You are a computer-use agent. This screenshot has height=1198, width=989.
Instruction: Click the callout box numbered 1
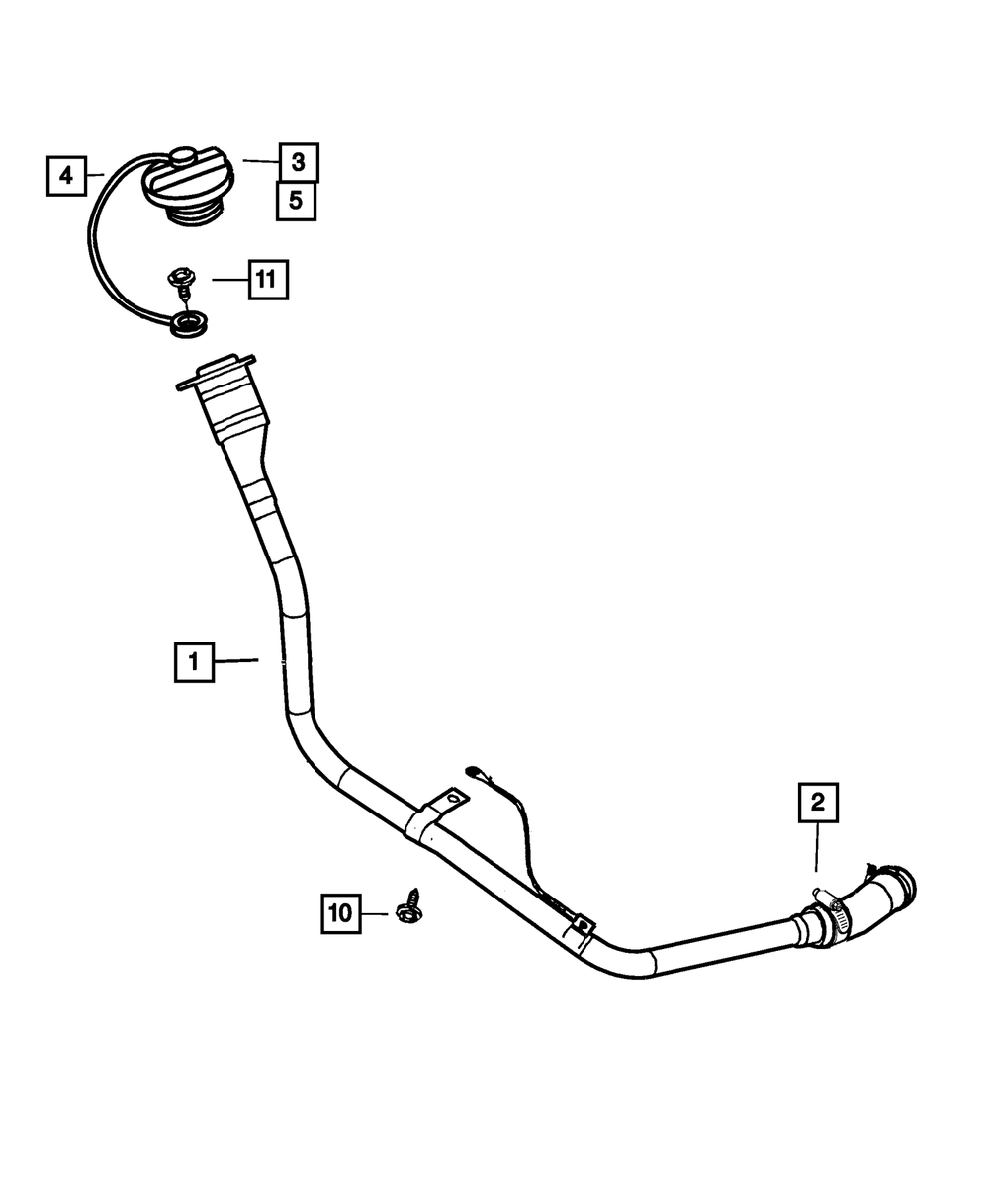tap(194, 662)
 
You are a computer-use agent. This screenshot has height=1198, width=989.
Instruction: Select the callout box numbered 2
tap(817, 804)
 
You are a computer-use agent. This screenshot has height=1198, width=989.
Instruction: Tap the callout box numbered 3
tap(298, 161)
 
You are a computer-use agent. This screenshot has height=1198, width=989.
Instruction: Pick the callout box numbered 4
tap(66, 176)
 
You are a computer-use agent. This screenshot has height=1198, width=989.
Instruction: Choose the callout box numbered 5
tap(295, 201)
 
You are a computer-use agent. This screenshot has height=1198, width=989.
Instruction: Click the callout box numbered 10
tap(340, 913)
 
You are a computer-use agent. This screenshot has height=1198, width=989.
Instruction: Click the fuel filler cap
tap(188, 188)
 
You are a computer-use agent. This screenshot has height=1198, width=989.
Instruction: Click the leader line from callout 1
tap(235, 660)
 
